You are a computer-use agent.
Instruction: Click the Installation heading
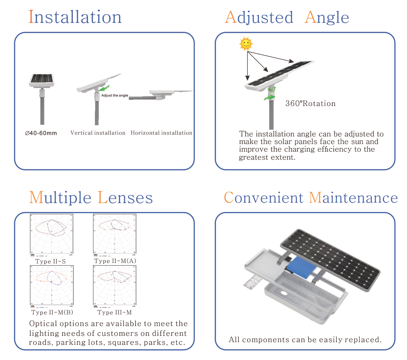[x=75, y=17]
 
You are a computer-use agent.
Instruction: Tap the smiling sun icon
[x=246, y=43]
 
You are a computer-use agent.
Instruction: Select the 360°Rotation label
[x=310, y=104]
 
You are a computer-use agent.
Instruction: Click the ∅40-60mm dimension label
[x=41, y=133]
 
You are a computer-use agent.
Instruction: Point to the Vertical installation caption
[x=98, y=133]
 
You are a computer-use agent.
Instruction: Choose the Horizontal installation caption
[x=161, y=133]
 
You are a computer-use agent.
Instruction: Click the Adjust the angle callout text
[x=115, y=96]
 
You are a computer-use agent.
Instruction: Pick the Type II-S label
[x=51, y=261]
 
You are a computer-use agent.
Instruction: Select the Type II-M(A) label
[x=116, y=261]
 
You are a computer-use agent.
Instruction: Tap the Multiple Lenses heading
[x=91, y=198]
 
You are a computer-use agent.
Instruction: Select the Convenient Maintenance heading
[x=311, y=198]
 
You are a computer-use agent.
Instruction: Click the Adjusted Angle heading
[x=287, y=17]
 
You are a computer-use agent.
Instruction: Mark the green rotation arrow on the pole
[x=270, y=95]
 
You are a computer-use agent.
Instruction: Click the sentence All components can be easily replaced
[x=305, y=339]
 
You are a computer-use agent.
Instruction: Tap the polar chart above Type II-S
[x=51, y=235]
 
